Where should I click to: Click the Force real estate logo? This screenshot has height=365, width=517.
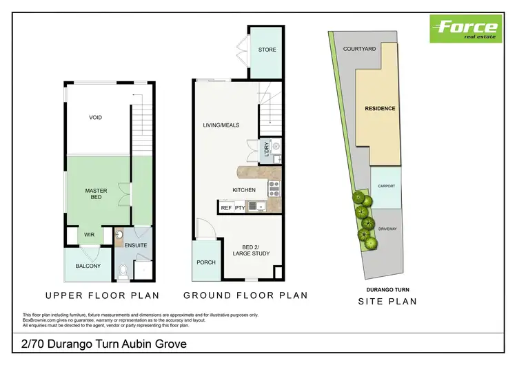[465, 28]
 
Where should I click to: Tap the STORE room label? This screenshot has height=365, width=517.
[267, 50]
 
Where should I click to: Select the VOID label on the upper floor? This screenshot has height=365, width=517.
[96, 118]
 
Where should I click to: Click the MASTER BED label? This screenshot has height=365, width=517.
[96, 194]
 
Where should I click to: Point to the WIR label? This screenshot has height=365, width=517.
[90, 235]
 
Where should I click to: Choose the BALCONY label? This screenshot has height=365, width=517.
[88, 266]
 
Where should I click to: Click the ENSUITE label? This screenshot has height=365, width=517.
[136, 245]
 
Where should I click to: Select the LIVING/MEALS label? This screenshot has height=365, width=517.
[220, 125]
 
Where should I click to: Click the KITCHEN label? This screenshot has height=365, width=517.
[244, 190]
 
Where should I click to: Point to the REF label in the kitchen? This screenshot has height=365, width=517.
[226, 207]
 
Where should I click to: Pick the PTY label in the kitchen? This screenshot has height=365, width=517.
[240, 207]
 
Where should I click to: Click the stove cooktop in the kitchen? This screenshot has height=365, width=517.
[273, 185]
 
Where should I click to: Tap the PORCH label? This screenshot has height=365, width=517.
[206, 262]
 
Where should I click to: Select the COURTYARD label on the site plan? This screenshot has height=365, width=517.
[359, 49]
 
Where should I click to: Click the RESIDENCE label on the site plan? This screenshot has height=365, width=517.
[380, 109]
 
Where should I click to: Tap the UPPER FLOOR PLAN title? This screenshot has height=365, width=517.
[102, 295]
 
